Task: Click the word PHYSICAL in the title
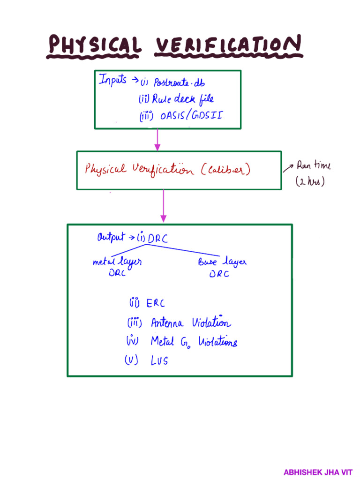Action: (94, 47)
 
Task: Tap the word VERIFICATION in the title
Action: (227, 47)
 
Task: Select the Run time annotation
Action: (313, 166)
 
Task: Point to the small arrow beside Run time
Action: (286, 168)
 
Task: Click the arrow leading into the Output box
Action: (163, 206)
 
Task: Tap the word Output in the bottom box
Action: (111, 238)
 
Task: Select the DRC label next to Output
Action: (157, 239)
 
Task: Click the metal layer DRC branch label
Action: (117, 267)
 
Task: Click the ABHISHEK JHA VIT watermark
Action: (317, 472)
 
